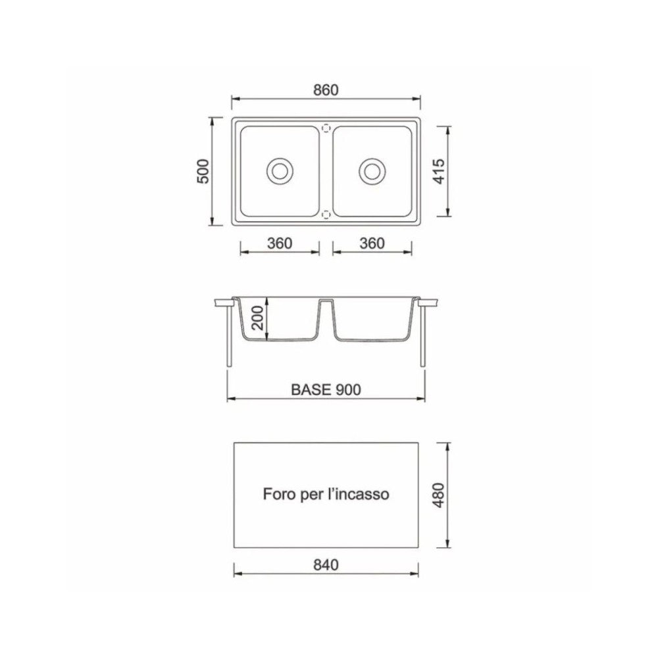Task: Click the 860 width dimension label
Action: [x=326, y=91]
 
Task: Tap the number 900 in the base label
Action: [x=347, y=390]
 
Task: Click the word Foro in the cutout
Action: [x=276, y=493]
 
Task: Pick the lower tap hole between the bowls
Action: [x=325, y=214]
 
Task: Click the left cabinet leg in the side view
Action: [x=229, y=336]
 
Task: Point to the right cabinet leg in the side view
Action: [x=422, y=336]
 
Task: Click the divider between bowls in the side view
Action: [x=325, y=313]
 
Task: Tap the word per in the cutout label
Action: [x=309, y=493]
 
